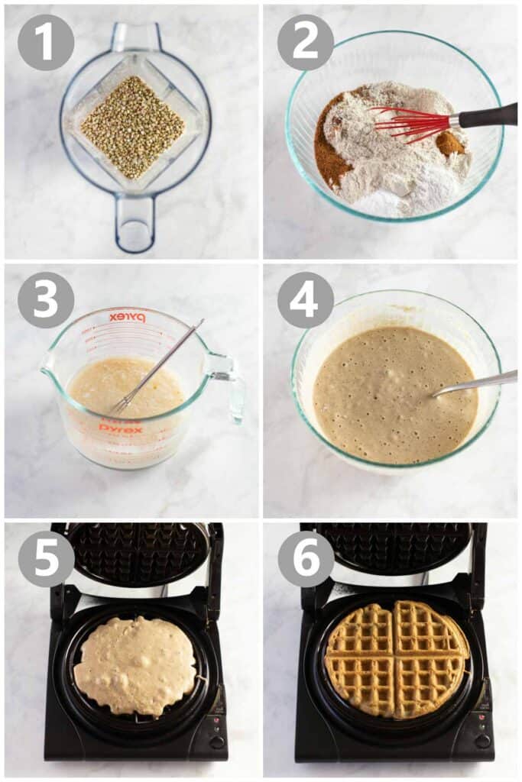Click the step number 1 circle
point(46,42)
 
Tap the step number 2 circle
point(306,42)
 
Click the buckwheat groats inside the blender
point(133,127)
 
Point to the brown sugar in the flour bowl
point(330,153)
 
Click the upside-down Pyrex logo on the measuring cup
point(127,317)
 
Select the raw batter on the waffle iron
point(135,665)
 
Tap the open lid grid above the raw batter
point(138,553)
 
